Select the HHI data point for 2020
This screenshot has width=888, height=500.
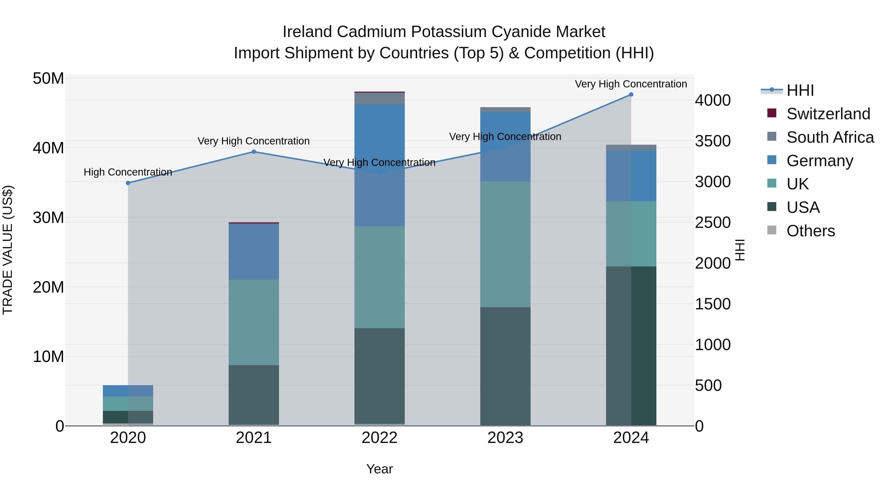(128, 183)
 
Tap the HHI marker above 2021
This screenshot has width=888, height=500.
(254, 152)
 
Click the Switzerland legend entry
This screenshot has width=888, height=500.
(828, 114)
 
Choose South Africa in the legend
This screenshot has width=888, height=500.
(830, 137)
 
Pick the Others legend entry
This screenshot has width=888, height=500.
(811, 231)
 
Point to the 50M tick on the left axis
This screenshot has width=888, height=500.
(48, 79)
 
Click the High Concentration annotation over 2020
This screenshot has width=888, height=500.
(128, 172)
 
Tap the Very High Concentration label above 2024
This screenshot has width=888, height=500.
(631, 84)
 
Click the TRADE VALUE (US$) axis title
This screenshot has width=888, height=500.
(8, 250)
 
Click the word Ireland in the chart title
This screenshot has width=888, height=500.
(308, 32)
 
